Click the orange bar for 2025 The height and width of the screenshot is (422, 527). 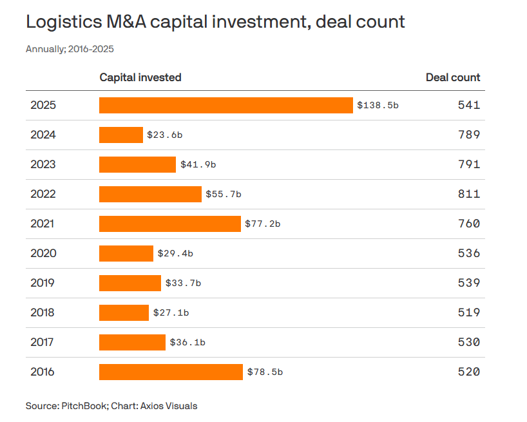point(226,105)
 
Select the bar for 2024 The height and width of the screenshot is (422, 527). point(121,135)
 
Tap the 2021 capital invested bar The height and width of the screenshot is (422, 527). point(170,224)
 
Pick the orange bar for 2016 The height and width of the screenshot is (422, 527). point(171,372)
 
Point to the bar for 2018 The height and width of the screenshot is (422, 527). point(124,312)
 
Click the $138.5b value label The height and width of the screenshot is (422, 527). point(378,105)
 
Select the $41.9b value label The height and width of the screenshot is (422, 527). point(198,164)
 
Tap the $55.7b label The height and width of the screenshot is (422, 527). point(224,194)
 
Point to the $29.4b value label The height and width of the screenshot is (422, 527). point(175,253)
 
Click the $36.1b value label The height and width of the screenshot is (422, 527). point(187,342)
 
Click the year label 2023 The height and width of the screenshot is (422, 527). point(43,164)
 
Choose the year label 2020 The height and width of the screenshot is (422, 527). point(43,253)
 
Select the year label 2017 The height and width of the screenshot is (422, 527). point(43,342)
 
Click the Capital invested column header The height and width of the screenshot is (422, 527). point(140,77)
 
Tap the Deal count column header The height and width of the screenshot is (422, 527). point(453,77)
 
